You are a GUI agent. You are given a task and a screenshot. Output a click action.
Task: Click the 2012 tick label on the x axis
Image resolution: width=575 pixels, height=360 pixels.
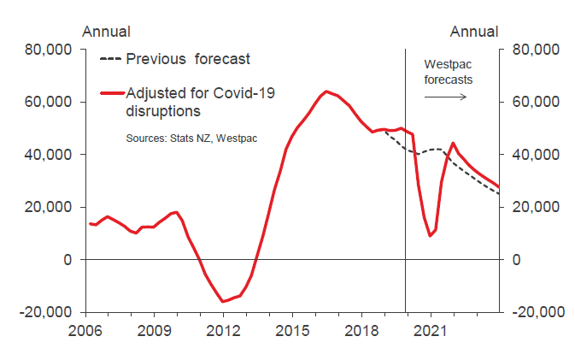(222, 330)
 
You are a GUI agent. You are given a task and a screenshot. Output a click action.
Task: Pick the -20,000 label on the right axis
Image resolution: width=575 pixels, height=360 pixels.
(538, 312)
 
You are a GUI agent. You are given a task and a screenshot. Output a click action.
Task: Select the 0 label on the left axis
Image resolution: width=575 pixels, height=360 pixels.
(67, 260)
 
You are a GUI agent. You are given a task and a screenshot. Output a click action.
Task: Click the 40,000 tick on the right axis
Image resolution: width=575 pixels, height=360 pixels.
(535, 155)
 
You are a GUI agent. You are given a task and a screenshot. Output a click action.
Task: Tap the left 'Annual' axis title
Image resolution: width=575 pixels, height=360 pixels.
(106, 32)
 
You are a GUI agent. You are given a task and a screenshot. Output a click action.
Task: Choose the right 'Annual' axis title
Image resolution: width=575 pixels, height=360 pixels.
(474, 32)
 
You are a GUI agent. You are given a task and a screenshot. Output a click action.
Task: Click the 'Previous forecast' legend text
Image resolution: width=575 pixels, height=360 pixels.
(188, 59)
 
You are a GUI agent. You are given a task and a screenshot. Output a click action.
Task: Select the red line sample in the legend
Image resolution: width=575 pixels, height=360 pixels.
(111, 92)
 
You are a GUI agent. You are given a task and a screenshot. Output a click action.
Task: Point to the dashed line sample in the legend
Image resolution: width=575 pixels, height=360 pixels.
(111, 59)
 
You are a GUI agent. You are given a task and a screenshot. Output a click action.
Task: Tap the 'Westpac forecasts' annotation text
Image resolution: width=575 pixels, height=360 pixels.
(449, 72)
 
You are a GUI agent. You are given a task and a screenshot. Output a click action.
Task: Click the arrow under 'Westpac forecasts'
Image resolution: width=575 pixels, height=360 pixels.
(448, 96)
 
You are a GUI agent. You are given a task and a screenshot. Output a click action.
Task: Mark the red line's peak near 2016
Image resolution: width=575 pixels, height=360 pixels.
(326, 91)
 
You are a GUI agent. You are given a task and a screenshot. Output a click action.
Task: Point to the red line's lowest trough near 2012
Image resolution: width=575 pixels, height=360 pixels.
(223, 301)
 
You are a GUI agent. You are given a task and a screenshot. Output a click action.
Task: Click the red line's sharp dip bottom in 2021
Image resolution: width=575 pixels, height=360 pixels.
(431, 236)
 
